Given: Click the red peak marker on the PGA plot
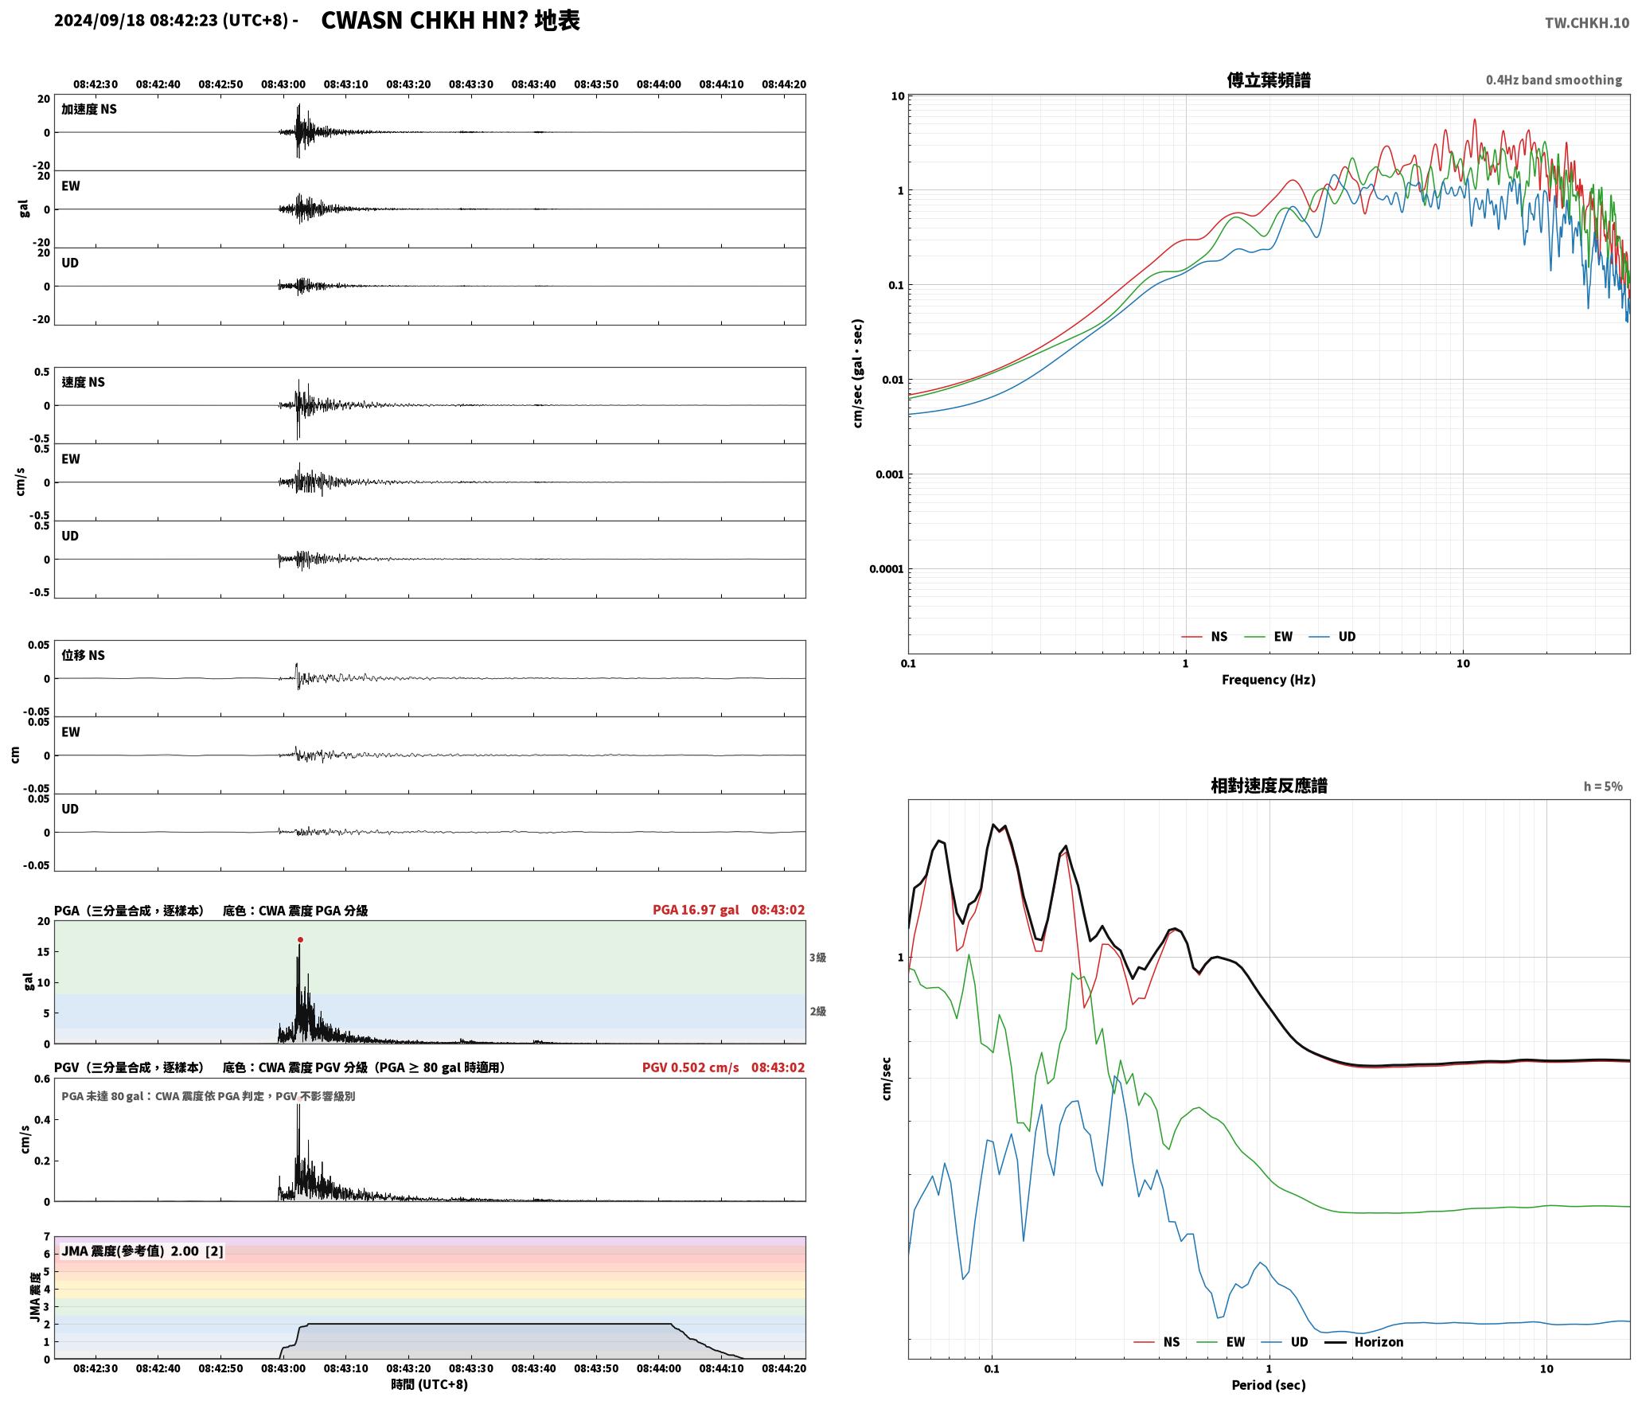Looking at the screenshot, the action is click(x=300, y=940).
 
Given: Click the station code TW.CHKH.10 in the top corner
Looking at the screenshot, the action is click(x=1587, y=23).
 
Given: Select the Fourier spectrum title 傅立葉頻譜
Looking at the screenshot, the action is click(x=1269, y=80).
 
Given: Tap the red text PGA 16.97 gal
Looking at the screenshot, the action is click(x=696, y=910).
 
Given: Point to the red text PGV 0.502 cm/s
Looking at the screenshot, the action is click(x=690, y=1067).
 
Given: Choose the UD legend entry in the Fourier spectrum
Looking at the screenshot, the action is click(x=1332, y=637).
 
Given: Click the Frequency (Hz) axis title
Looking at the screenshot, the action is click(x=1269, y=680).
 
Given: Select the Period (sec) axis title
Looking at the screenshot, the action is click(x=1269, y=1385).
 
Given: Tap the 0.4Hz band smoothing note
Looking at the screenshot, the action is click(x=1554, y=80).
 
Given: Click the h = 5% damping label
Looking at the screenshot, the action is click(x=1602, y=786).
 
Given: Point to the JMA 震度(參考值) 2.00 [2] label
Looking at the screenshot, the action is click(x=142, y=1251).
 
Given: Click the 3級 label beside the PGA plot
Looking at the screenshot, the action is click(x=817, y=958).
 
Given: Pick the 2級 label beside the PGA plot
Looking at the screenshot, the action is click(x=817, y=1012).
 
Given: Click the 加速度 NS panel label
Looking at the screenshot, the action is click(x=89, y=109).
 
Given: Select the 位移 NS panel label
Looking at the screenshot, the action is click(x=83, y=655).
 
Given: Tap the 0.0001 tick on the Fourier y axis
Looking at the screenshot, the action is click(x=885, y=569).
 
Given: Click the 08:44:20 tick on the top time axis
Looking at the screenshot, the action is click(x=783, y=84).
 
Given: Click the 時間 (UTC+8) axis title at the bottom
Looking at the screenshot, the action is click(x=429, y=1384).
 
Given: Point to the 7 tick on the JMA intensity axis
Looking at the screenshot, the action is click(x=47, y=1237).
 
